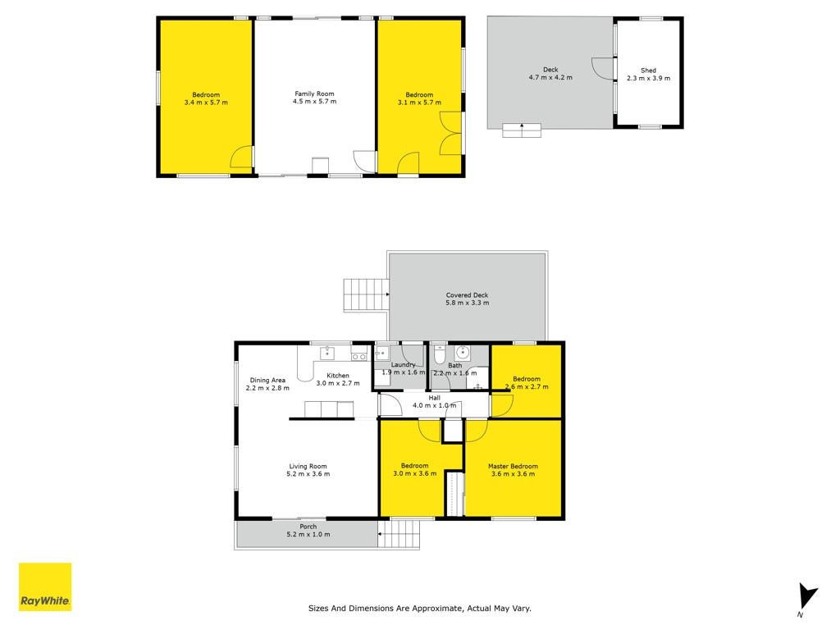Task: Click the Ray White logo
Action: click(45, 587)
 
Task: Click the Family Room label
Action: click(314, 94)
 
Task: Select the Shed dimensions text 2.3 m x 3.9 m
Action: click(648, 78)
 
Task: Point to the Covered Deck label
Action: click(467, 295)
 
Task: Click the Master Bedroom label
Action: click(513, 466)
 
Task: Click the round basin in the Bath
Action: click(463, 353)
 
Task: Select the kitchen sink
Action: click(327, 353)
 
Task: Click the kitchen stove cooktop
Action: click(359, 356)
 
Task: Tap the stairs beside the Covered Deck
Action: click(365, 294)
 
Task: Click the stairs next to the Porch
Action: click(399, 534)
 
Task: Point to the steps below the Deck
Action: click(521, 130)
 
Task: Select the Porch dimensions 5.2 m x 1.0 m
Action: click(308, 534)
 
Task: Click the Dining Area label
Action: click(267, 380)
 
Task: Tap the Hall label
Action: click(435, 398)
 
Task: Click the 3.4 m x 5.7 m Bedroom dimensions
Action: click(206, 103)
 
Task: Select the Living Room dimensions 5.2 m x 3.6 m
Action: click(308, 473)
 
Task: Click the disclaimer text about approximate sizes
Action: click(420, 608)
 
